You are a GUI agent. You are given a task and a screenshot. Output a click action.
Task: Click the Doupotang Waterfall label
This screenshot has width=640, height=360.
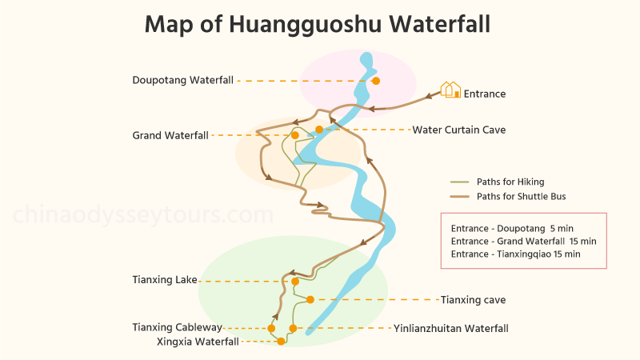(x=183, y=80)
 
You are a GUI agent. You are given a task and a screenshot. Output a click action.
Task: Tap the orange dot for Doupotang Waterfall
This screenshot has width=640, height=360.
(x=376, y=80)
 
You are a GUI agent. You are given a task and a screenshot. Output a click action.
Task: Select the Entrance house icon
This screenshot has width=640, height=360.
(x=451, y=90)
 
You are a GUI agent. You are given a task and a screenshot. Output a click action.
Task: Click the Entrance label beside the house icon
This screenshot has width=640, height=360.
(x=485, y=94)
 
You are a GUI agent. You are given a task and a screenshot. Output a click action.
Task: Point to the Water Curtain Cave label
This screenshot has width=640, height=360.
(x=459, y=130)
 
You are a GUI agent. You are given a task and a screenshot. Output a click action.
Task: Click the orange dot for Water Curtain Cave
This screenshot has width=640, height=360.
(x=319, y=130)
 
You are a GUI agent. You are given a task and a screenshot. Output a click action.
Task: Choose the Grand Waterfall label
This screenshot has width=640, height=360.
(x=170, y=135)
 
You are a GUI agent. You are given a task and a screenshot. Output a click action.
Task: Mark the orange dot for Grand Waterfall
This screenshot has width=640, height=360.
(x=295, y=135)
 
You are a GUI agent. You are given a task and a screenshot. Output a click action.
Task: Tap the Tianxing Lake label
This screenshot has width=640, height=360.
(x=165, y=280)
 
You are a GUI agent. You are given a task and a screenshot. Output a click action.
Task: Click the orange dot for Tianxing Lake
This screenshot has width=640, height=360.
(x=295, y=282)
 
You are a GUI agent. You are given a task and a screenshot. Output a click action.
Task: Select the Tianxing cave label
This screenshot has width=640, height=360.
(x=473, y=300)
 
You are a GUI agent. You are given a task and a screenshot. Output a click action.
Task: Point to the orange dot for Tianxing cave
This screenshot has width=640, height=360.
(x=310, y=300)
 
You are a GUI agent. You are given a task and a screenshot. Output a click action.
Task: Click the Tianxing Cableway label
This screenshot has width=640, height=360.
(x=177, y=327)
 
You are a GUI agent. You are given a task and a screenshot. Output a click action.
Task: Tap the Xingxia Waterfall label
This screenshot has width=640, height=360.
(x=198, y=342)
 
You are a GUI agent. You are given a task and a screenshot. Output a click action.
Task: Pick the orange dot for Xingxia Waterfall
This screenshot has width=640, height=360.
(x=281, y=342)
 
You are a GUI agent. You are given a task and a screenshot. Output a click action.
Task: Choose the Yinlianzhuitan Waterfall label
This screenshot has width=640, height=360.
(x=450, y=328)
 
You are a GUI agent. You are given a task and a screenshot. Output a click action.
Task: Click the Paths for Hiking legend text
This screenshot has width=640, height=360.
(x=510, y=182)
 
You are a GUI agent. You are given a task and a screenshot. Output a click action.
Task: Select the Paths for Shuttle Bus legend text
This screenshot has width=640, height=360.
(x=522, y=196)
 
